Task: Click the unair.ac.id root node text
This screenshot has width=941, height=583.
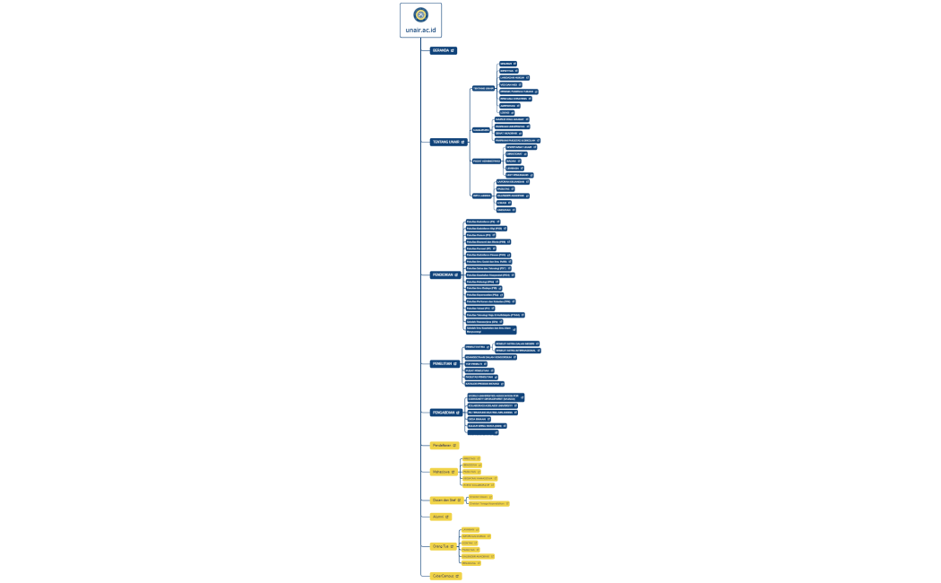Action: pyautogui.click(x=420, y=30)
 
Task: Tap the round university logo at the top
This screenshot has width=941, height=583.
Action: pyautogui.click(x=420, y=14)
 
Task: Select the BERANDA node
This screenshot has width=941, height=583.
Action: pyautogui.click(x=443, y=50)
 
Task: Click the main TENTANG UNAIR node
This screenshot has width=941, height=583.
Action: pyautogui.click(x=447, y=142)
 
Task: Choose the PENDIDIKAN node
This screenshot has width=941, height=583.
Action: pyautogui.click(x=445, y=274)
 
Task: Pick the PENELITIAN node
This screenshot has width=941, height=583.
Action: pyautogui.click(x=445, y=363)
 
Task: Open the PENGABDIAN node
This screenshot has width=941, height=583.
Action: pyautogui.click(x=445, y=413)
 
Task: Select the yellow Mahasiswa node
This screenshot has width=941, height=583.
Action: pyautogui.click(x=444, y=471)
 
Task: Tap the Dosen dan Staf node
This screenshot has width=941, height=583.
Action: pyautogui.click(x=446, y=500)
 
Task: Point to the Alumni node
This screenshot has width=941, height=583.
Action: pyautogui.click(x=440, y=517)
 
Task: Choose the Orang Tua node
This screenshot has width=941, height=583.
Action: pyautogui.click(x=443, y=545)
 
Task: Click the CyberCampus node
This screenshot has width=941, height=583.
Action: pyautogui.click(x=445, y=576)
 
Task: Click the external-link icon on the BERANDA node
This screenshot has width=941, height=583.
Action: pyautogui.click(x=453, y=50)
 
